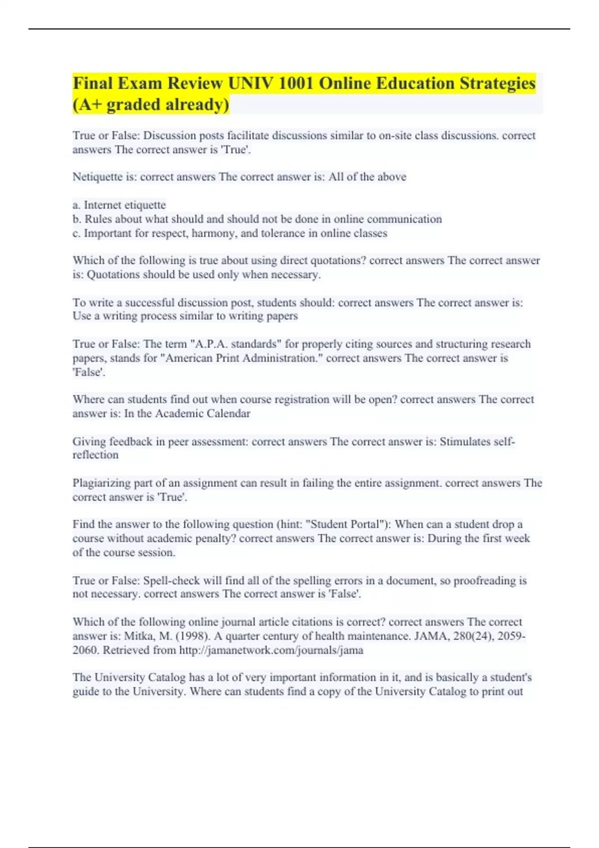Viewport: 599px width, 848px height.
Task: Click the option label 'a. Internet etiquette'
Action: click(119, 205)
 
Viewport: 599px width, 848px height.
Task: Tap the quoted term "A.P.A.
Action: click(209, 344)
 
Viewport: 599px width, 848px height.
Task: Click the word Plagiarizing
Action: click(102, 483)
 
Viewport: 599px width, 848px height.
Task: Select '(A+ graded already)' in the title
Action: click(151, 105)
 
